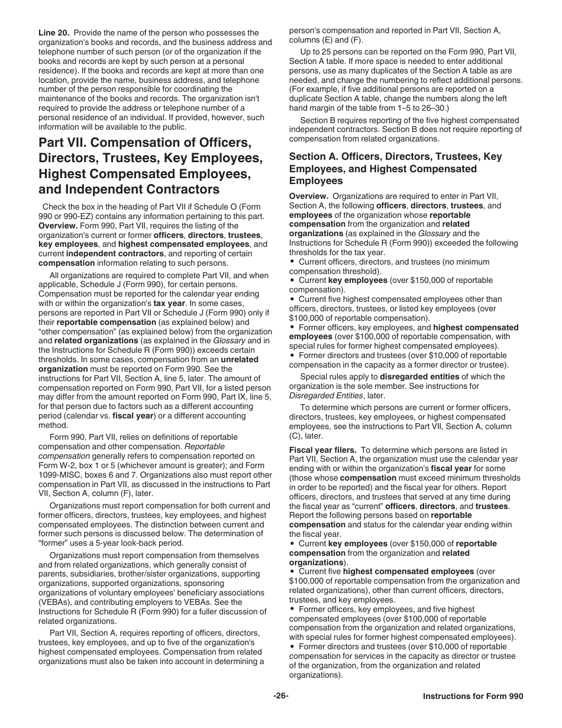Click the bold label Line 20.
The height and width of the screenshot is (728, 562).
tap(54, 33)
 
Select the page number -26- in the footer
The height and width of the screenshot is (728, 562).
tap(281, 696)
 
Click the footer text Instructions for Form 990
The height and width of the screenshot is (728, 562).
tap(473, 697)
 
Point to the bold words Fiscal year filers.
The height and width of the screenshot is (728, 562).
tap(323, 450)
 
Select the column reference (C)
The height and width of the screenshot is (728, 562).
tap(295, 436)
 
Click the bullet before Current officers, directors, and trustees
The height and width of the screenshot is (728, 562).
tap(292, 261)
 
